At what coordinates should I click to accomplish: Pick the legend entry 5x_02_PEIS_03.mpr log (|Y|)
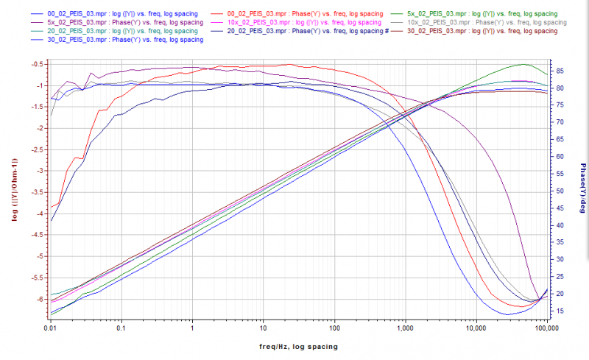pos(482,14)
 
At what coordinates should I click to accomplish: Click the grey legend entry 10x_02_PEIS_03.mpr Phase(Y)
pos(483,23)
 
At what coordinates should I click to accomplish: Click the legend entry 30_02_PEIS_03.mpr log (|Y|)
pos(483,32)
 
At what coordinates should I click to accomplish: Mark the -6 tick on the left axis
pos(35,299)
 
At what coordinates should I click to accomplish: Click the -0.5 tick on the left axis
pos(34,65)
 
